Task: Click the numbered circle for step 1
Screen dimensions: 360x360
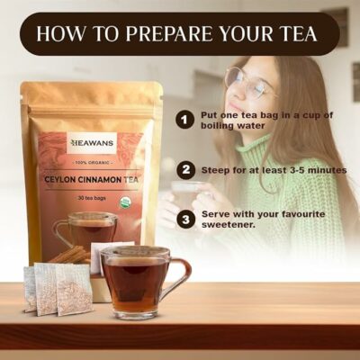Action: pos(185,119)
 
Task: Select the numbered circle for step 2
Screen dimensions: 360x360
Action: pos(185,169)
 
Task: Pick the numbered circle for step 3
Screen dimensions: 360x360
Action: pos(185,218)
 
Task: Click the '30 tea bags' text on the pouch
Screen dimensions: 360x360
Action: pos(94,197)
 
